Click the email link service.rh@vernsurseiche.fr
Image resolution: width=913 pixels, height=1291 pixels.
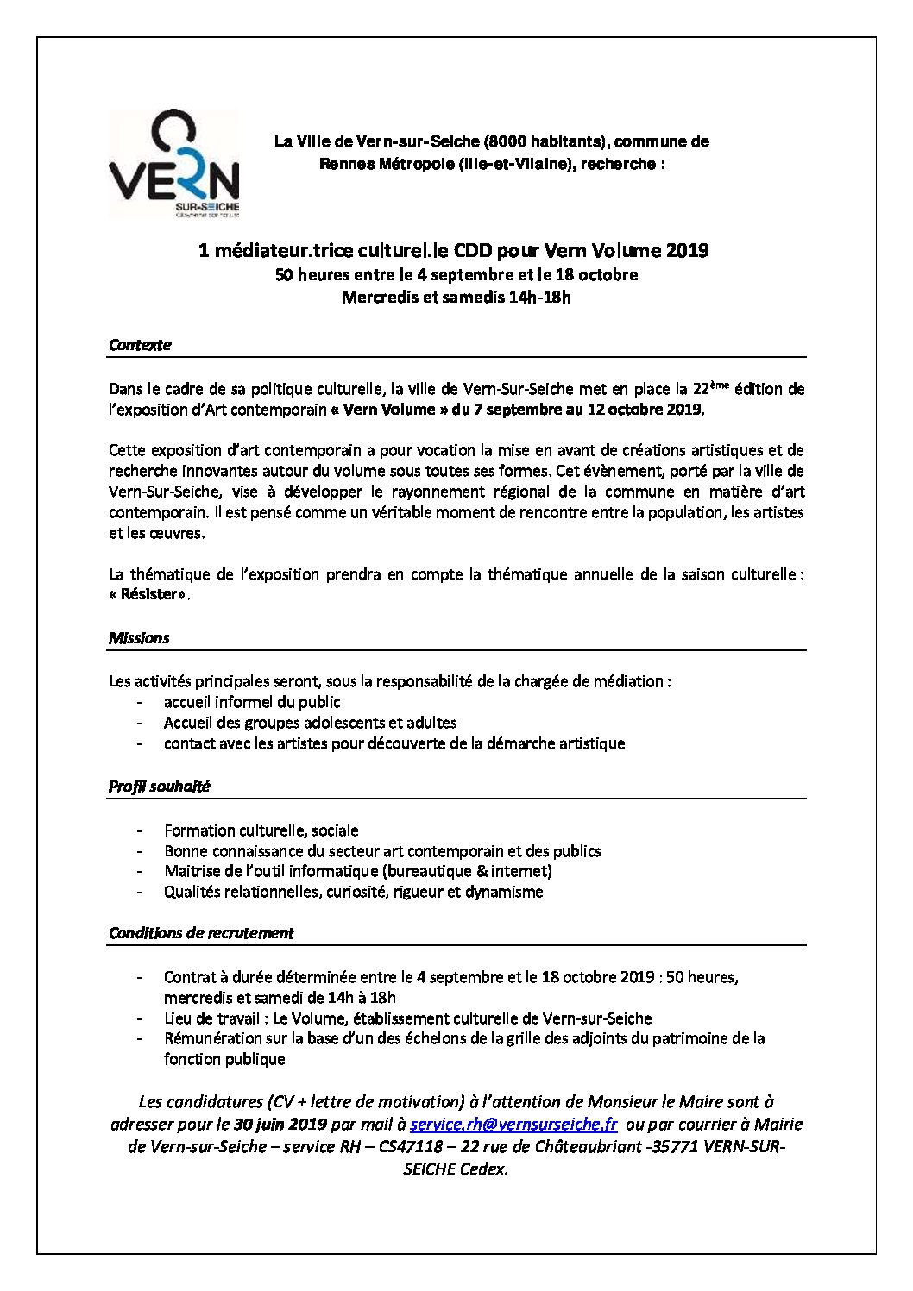coord(513,1125)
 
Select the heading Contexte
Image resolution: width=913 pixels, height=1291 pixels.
coord(140,345)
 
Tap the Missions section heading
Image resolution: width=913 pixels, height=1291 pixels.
coord(139,638)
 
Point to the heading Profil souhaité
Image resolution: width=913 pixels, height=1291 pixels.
coord(160,787)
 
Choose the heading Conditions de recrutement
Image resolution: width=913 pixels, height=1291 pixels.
coord(201,933)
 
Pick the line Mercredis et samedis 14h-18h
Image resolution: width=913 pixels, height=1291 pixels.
coord(456,298)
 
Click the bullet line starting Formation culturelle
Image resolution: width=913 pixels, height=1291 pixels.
coord(261,830)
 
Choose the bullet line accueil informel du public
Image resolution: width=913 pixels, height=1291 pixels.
coord(252,702)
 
